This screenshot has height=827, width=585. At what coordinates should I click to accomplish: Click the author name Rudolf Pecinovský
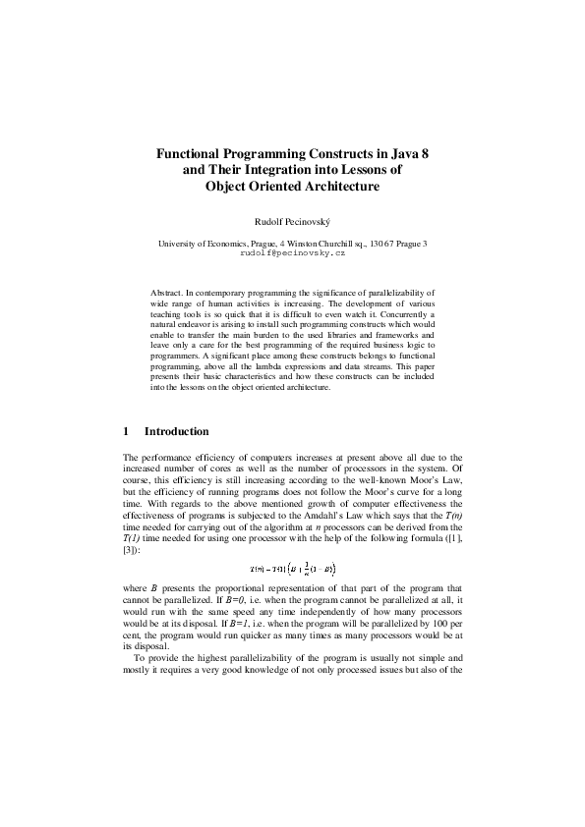pyautogui.click(x=292, y=223)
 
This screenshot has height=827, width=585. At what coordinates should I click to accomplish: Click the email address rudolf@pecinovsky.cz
pyautogui.click(x=292, y=252)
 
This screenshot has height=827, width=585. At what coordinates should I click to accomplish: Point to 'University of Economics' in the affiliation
pyautogui.click(x=206, y=243)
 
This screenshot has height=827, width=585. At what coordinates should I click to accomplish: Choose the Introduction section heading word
pyautogui.click(x=177, y=431)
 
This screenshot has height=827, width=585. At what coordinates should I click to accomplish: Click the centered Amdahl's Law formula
pyautogui.click(x=292, y=567)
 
